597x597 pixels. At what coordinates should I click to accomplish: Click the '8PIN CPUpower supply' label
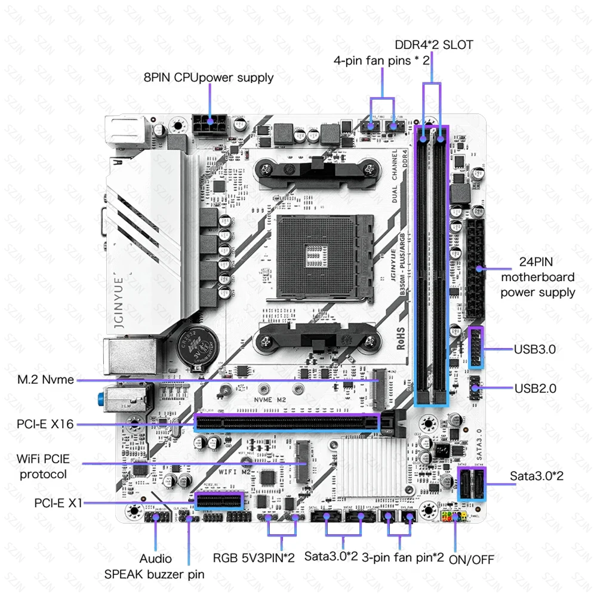[209, 78]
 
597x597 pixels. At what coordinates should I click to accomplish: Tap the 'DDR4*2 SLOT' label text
[434, 45]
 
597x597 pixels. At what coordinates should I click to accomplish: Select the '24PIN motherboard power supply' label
[538, 277]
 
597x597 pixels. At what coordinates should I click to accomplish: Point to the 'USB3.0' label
[535, 349]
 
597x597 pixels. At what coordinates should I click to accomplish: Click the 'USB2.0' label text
[536, 388]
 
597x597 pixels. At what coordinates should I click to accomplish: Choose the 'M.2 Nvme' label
[45, 379]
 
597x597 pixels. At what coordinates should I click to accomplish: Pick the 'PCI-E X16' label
[45, 424]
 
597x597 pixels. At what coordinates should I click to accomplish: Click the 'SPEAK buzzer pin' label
[154, 574]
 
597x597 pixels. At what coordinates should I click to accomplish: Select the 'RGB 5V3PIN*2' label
[254, 558]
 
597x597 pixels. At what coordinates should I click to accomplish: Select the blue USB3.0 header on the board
[476, 348]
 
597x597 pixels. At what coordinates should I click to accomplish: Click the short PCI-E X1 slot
[220, 500]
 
